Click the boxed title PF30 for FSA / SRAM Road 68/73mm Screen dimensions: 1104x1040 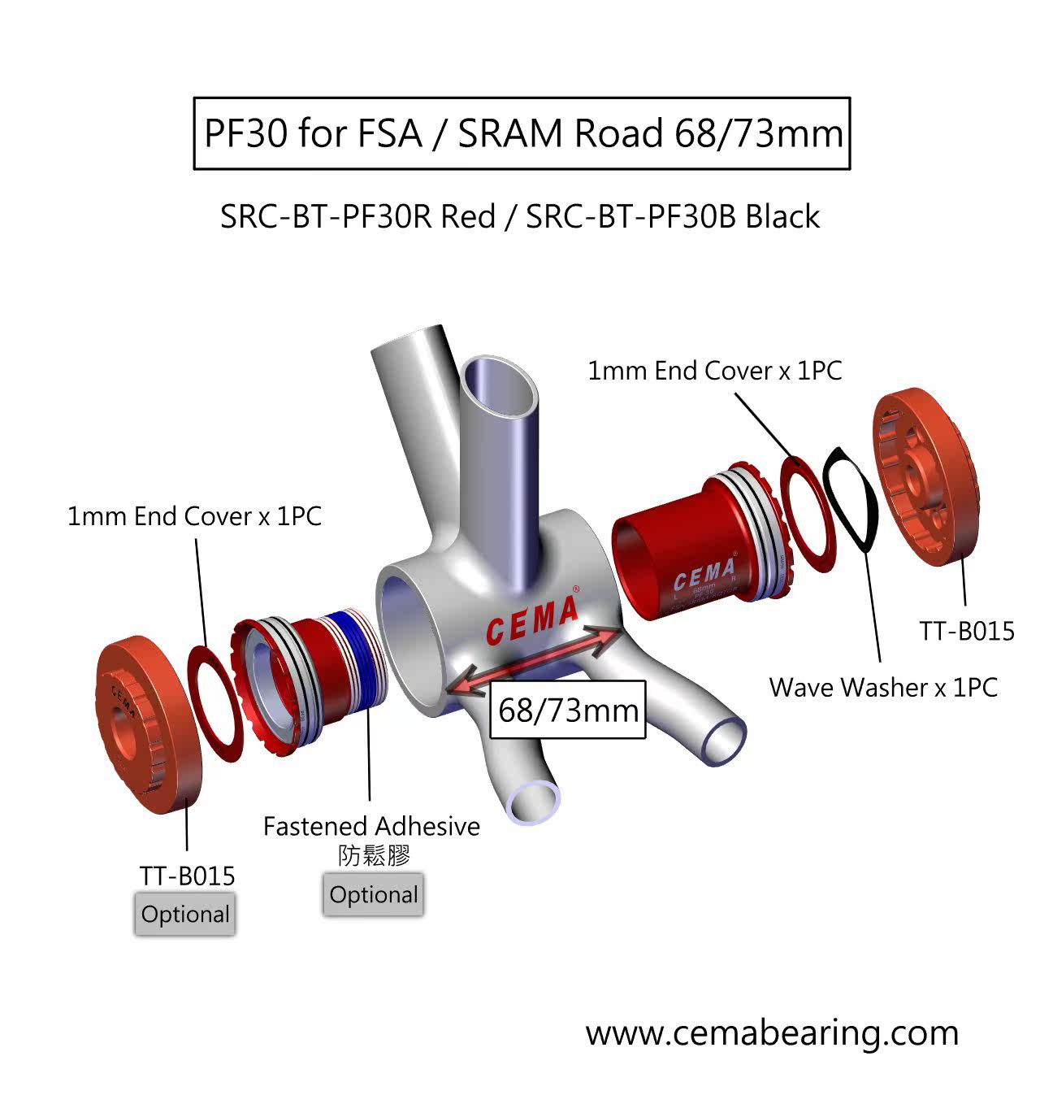(x=522, y=133)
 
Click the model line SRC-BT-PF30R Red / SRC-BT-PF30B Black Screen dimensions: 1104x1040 (x=520, y=216)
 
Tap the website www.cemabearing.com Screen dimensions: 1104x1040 (x=772, y=1032)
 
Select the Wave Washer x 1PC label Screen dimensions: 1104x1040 (x=883, y=687)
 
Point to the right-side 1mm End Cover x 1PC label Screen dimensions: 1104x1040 (x=714, y=371)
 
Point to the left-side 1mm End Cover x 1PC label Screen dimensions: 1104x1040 (x=194, y=516)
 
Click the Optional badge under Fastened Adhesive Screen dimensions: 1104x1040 (x=373, y=895)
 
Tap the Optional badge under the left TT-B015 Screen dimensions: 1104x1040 (x=185, y=915)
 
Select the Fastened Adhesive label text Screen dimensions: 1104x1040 (x=371, y=826)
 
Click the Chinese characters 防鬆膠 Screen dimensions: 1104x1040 (x=374, y=855)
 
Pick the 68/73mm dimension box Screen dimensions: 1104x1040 (x=568, y=710)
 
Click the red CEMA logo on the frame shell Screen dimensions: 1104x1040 (x=533, y=619)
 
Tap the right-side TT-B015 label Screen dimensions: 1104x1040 (x=967, y=631)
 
